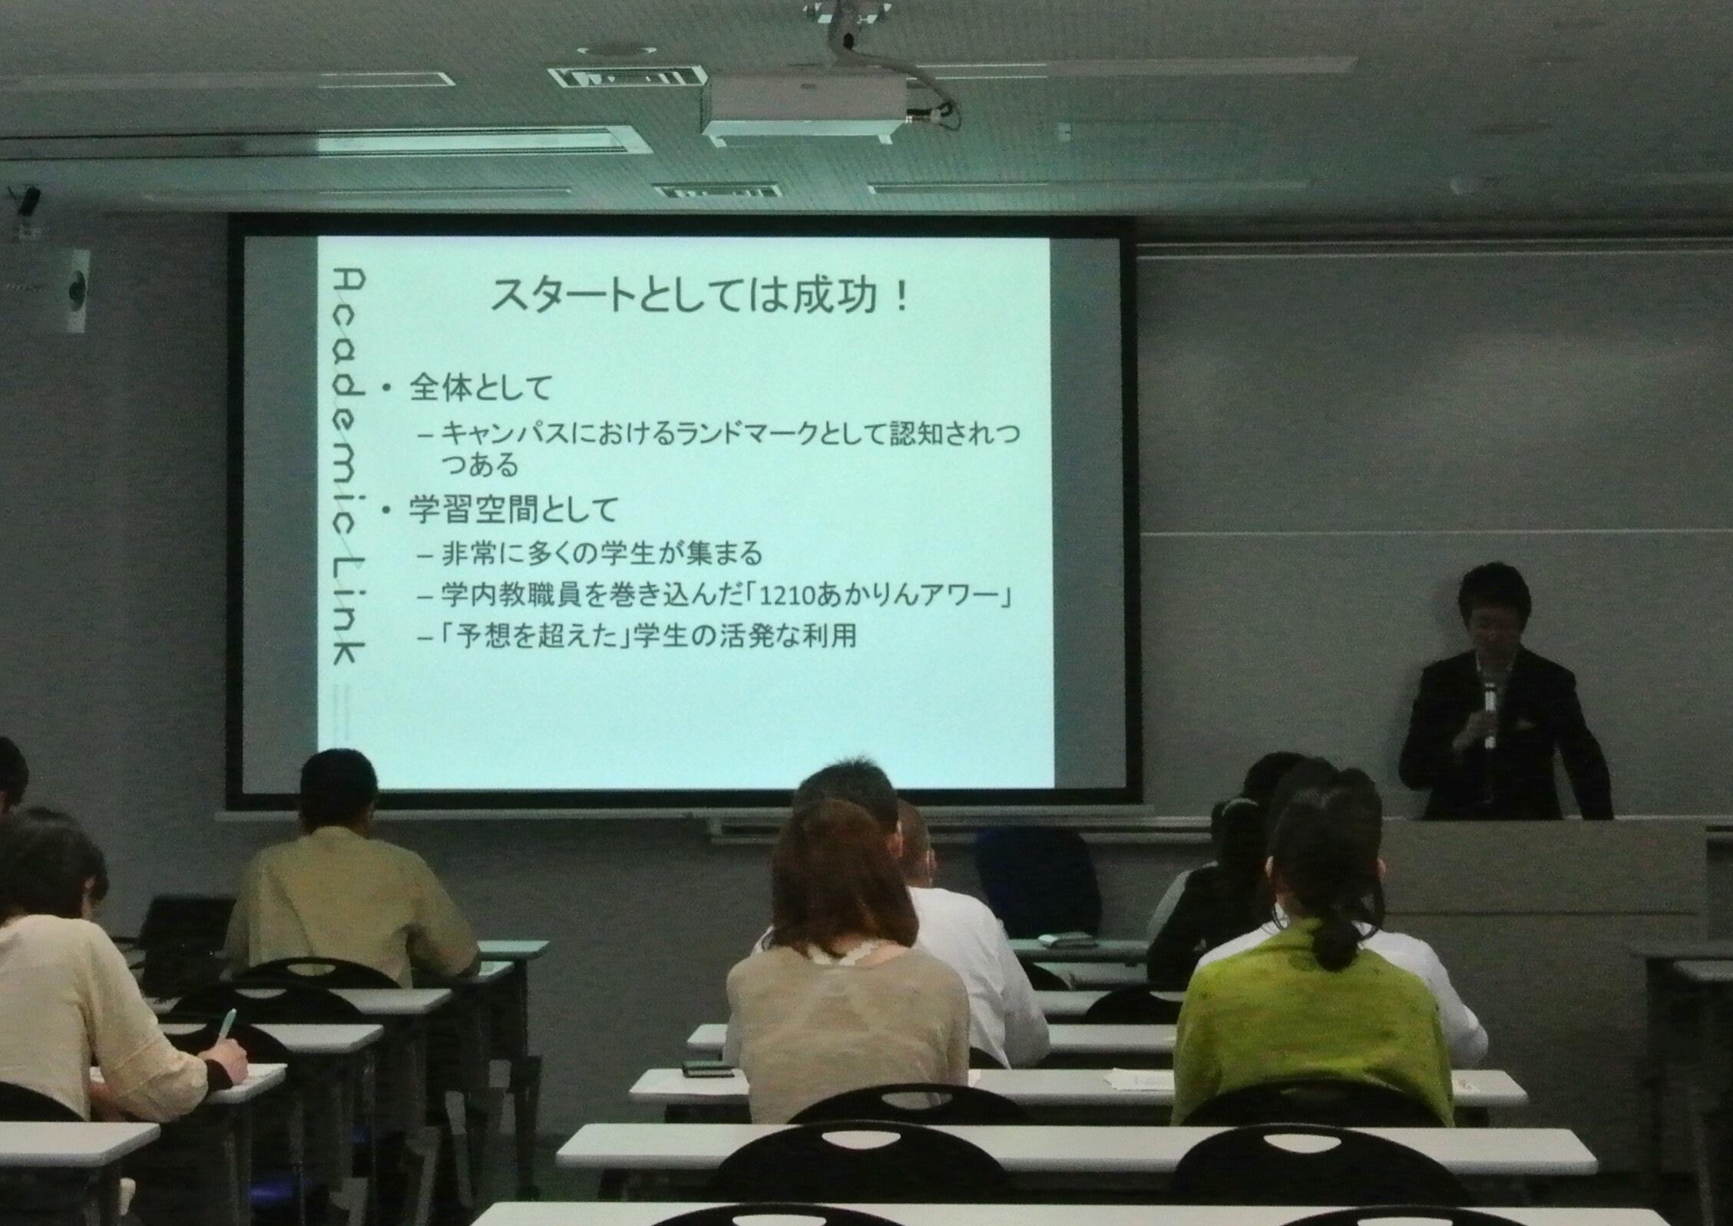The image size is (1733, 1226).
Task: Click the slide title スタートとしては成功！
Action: [700, 296]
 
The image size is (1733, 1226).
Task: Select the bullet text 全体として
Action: [481, 388]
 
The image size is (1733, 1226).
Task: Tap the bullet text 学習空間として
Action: [513, 510]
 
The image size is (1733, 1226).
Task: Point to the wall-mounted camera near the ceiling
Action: [28, 202]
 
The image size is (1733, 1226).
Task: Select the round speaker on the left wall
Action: [76, 290]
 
